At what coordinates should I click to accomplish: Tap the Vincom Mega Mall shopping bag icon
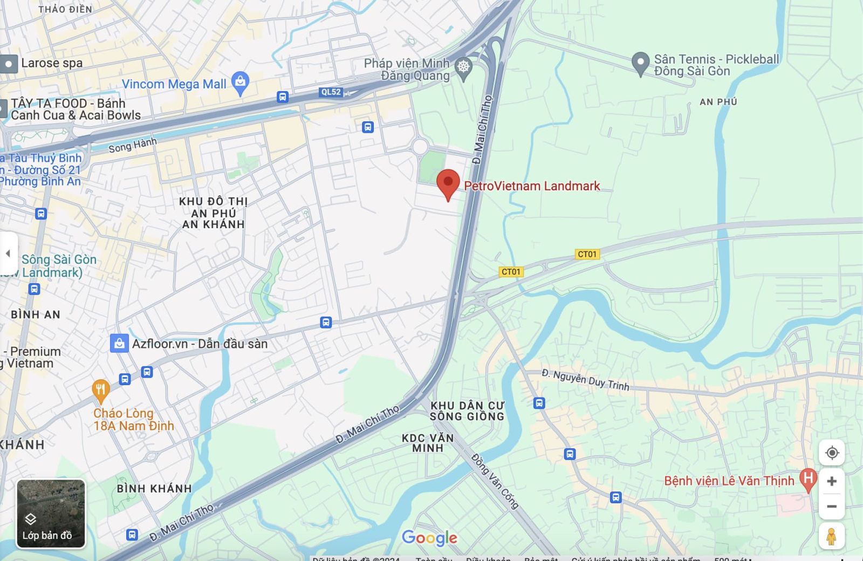(x=240, y=83)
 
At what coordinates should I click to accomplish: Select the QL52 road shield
(x=331, y=92)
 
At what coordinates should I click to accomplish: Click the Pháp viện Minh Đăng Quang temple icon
(x=463, y=67)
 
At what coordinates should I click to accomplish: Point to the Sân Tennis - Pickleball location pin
(x=640, y=63)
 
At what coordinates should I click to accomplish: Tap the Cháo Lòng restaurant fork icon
(x=101, y=390)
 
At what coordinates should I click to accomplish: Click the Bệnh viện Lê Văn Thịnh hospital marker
(x=807, y=478)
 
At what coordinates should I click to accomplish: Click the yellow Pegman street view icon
(x=831, y=536)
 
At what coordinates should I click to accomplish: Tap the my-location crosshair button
(x=832, y=453)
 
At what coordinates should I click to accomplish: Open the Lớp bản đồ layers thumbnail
(x=51, y=514)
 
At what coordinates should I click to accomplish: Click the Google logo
(x=429, y=538)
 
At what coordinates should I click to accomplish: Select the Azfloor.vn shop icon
(x=119, y=343)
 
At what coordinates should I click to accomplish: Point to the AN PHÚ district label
(x=718, y=102)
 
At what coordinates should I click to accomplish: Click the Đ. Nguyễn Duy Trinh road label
(x=585, y=379)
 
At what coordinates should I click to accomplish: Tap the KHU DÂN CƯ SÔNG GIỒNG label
(x=467, y=411)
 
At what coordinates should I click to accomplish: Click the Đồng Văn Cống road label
(x=495, y=481)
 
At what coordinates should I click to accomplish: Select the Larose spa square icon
(x=9, y=64)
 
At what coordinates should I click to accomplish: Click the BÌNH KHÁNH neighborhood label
(x=154, y=489)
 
